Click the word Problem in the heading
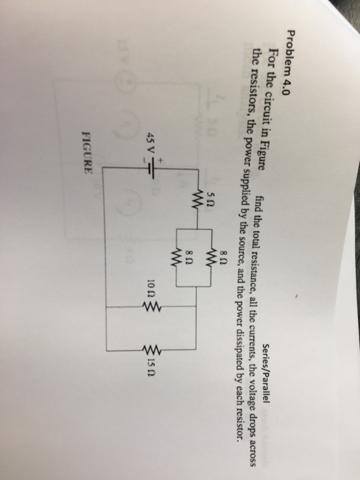pyautogui.click(x=69, y=52)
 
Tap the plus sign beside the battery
pyautogui.click(x=160, y=160)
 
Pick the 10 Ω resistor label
pyautogui.click(x=151, y=289)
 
